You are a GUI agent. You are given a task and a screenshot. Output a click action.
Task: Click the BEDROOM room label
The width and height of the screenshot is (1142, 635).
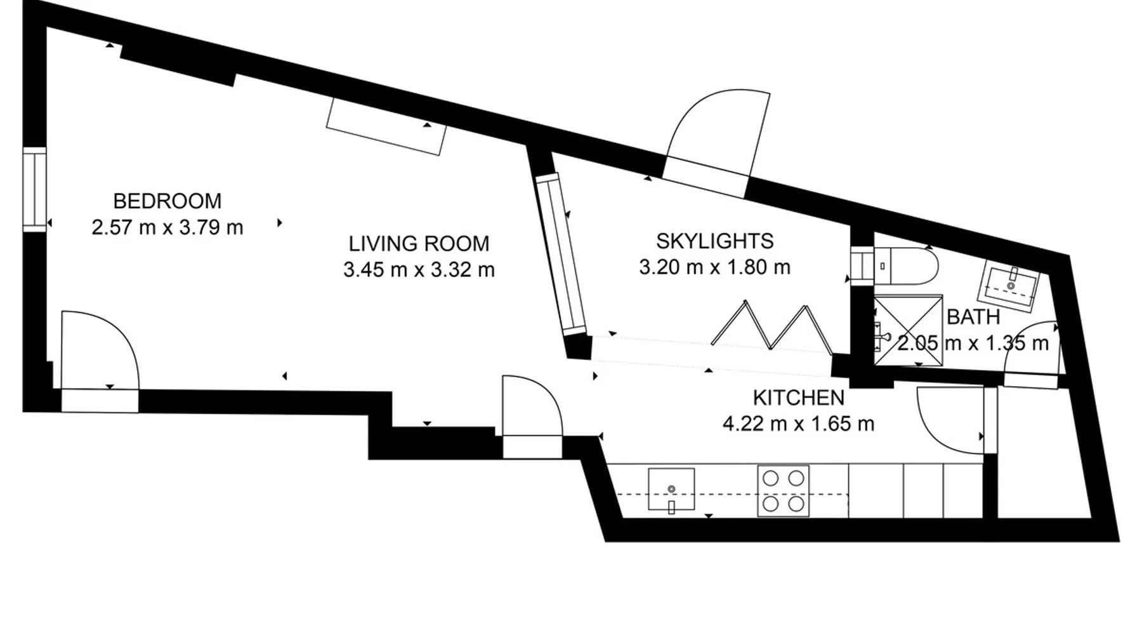[167, 201]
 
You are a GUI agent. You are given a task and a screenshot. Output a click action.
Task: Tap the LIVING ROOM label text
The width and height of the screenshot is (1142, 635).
[419, 244]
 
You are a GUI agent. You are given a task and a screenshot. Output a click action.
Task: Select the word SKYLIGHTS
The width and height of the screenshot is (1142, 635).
[714, 241]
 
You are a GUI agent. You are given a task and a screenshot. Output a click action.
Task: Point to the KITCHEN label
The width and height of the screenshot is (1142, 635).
[798, 398]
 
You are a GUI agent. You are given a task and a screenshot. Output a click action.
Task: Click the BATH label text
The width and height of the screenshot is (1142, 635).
[973, 317]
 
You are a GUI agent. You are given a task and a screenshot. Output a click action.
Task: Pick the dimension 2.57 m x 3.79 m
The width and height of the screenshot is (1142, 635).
[167, 227]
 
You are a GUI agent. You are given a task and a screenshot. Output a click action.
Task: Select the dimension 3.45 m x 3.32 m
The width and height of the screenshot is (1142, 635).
[419, 270]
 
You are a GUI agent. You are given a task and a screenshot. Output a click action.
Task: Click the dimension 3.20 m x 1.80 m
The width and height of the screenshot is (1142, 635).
[714, 267]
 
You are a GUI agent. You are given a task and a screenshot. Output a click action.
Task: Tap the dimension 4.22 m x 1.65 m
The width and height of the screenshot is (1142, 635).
[798, 424]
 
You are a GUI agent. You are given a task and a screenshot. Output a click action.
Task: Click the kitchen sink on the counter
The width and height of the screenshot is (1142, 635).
[671, 490]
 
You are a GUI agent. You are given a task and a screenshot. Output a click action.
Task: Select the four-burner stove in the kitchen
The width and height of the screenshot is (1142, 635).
[783, 491]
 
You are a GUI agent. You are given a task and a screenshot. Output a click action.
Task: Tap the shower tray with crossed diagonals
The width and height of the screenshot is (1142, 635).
[908, 330]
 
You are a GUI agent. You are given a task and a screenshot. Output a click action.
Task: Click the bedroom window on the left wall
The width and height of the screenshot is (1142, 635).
[35, 189]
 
